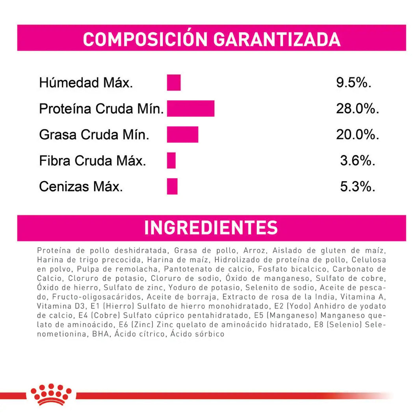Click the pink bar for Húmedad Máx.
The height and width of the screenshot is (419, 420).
(173, 82)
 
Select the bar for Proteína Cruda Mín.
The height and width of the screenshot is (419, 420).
(190, 108)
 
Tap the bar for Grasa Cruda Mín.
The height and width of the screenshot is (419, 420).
(182, 135)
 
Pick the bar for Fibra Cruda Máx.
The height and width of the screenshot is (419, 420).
(171, 161)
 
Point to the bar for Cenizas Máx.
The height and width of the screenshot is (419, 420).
(172, 186)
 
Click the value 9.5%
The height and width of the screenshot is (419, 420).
(354, 83)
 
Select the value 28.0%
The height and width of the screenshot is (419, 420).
(357, 109)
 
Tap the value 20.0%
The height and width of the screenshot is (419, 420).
(357, 135)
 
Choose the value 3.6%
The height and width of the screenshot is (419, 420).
(357, 161)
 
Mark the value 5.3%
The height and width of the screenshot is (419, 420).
(357, 187)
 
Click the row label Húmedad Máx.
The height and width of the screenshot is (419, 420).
(86, 83)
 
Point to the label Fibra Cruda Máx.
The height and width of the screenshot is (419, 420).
(93, 161)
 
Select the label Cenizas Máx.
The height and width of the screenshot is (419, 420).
(81, 187)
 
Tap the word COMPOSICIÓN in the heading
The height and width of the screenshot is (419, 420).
(145, 39)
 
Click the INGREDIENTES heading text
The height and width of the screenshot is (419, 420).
(211, 228)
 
